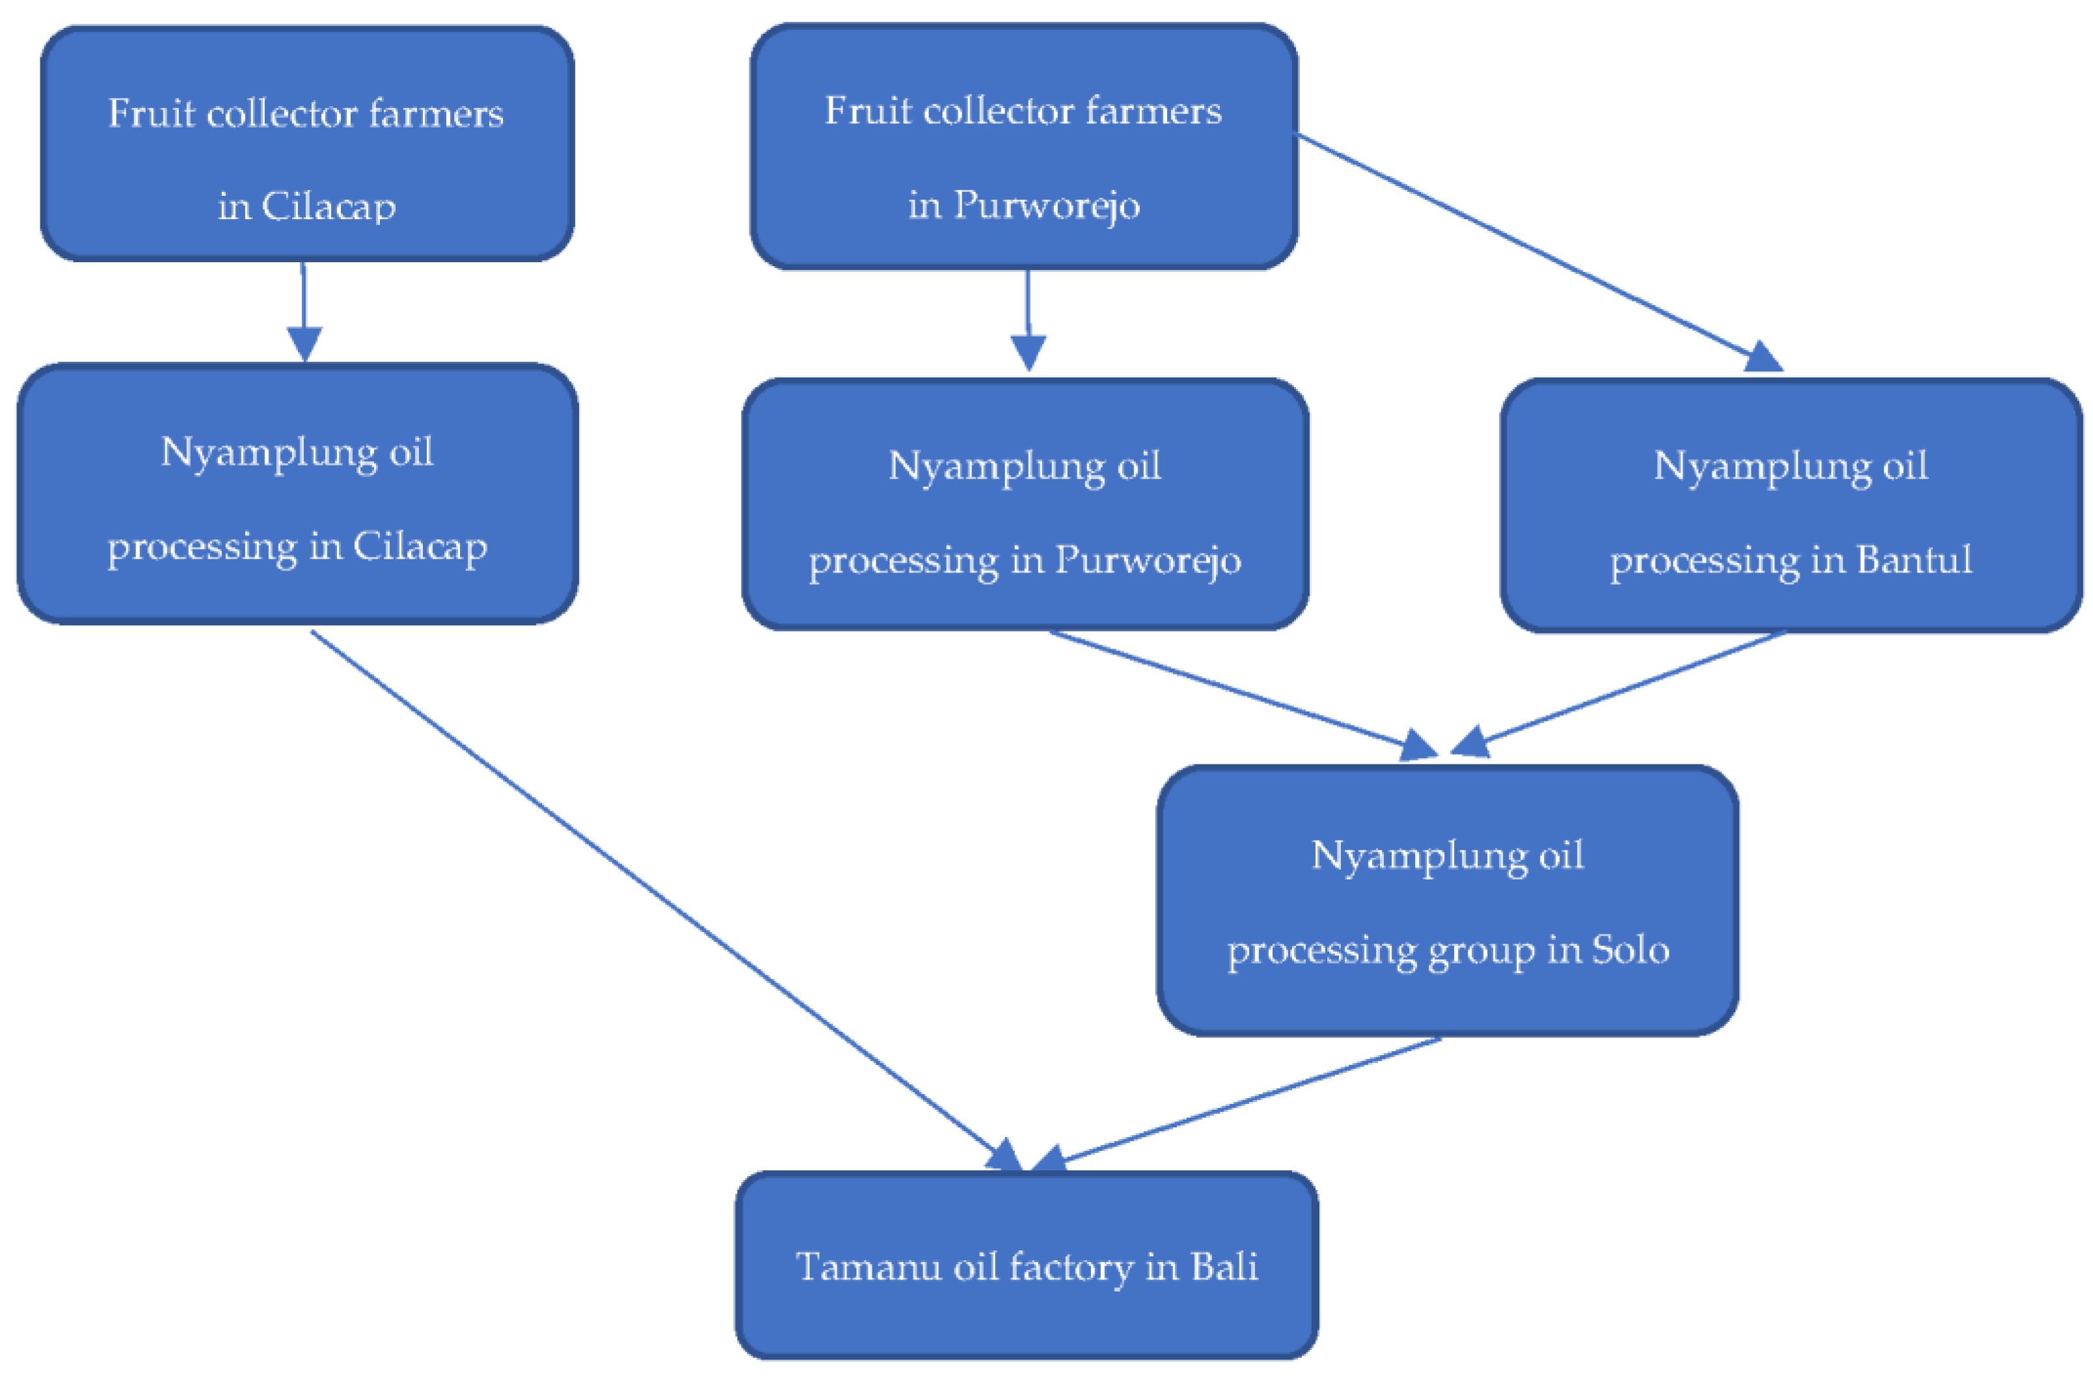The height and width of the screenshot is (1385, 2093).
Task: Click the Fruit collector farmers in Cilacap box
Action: click(x=306, y=144)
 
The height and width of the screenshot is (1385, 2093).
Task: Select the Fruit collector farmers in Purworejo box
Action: click(x=1023, y=146)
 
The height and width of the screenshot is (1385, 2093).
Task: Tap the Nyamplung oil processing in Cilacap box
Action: click(x=297, y=494)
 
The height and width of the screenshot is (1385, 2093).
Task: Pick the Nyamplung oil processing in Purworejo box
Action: click(x=1025, y=504)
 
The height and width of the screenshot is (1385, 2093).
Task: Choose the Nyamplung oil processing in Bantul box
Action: click(x=1791, y=506)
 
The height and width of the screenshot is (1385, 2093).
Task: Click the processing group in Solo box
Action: click(x=1448, y=900)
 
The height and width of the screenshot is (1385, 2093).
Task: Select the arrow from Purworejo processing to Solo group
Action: click(x=1236, y=694)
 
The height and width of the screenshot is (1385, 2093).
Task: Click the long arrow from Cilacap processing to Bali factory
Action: click(x=662, y=896)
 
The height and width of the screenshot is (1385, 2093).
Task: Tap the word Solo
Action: click(x=1630, y=950)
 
